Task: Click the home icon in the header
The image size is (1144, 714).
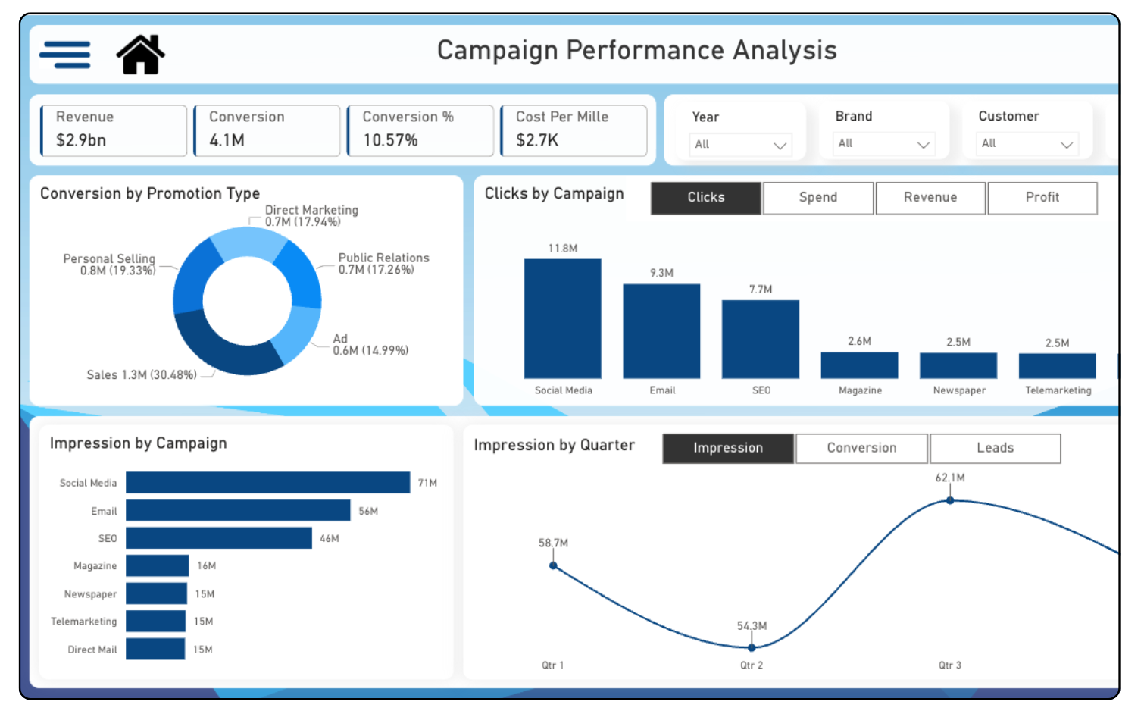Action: click(140, 55)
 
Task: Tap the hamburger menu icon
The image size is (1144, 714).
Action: click(65, 55)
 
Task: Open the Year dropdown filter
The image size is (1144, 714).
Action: click(740, 145)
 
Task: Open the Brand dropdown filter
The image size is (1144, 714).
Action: click(883, 144)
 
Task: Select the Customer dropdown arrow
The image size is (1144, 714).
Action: click(1066, 144)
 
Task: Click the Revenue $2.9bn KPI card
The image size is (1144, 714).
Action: click(114, 130)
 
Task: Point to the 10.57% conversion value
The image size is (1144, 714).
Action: click(390, 140)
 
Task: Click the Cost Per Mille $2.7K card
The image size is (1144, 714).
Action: click(574, 130)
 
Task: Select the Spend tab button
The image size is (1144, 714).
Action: click(817, 197)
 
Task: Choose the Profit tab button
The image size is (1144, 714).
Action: click(1042, 197)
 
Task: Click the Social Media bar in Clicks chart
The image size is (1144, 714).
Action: click(562, 318)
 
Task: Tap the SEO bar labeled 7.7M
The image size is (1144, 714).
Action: click(760, 339)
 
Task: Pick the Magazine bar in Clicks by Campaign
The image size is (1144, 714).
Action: click(859, 365)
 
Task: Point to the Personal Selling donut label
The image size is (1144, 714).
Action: click(110, 264)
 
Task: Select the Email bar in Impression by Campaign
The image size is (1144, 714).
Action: click(238, 510)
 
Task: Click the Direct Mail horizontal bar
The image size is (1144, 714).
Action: click(155, 649)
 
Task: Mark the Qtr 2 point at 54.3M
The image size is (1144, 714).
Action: click(752, 647)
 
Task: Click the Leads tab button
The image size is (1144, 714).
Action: click(995, 448)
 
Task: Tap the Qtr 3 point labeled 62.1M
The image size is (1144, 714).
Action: click(950, 500)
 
